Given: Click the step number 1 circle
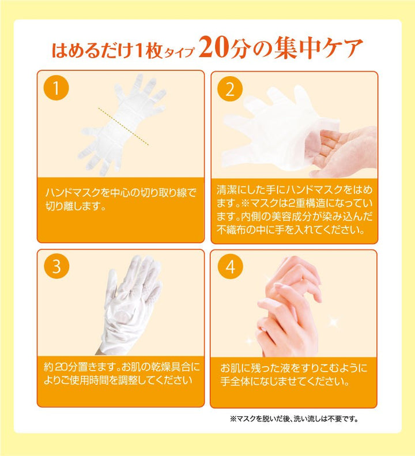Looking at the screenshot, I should [x=56, y=89].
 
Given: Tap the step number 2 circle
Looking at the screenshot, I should [x=229, y=89].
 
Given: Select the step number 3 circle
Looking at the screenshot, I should [x=56, y=267].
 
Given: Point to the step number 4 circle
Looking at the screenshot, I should [x=229, y=267].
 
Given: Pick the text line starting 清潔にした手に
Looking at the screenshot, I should [x=294, y=190].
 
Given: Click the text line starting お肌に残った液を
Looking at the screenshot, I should [x=294, y=368].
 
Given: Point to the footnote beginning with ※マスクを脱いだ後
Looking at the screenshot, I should [x=294, y=419].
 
